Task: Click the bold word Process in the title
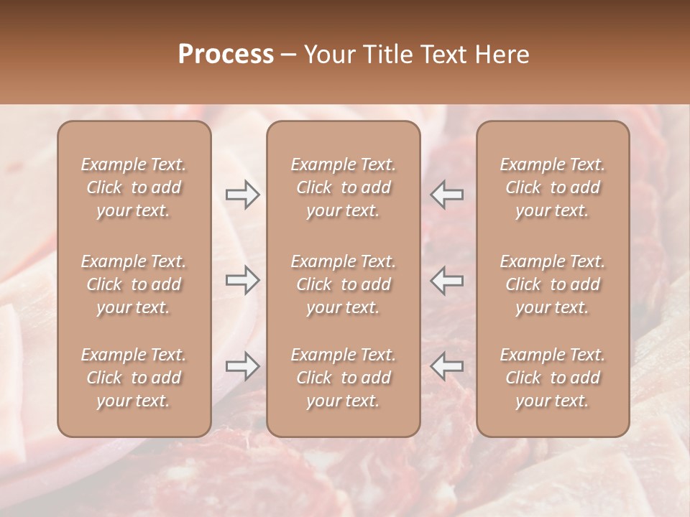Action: click(226, 55)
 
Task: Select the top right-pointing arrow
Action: click(243, 195)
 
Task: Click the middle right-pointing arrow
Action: click(243, 280)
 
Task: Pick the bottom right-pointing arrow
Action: click(243, 366)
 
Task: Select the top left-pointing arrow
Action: click(446, 195)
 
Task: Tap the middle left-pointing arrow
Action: click(446, 280)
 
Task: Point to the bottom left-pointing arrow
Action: click(446, 366)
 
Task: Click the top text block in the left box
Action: click(134, 187)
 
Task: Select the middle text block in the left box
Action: click(134, 284)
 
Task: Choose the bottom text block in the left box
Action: click(134, 378)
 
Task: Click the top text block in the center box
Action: click(343, 187)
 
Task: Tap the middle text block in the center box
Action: click(343, 284)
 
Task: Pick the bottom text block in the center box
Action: click(343, 378)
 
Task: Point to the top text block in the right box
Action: click(552, 187)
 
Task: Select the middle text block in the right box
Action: click(552, 284)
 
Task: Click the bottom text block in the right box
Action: click(552, 378)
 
